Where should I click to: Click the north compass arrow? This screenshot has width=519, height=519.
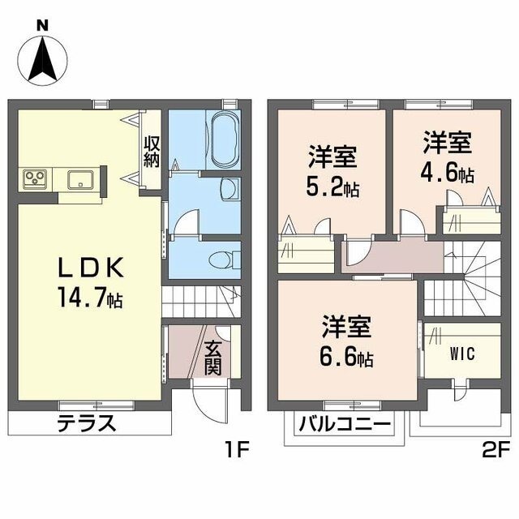point(43,60)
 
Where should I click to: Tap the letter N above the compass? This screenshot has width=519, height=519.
point(42,25)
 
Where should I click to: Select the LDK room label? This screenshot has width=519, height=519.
point(91,268)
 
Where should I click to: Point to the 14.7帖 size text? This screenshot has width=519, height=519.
point(90,298)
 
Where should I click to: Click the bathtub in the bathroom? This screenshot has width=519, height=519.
point(225,139)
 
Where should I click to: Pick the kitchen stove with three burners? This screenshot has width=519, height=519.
point(35,179)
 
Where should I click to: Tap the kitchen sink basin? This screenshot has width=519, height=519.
point(81,179)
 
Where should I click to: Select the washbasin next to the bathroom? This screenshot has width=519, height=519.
point(229,189)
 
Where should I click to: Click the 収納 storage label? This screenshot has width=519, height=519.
point(152,152)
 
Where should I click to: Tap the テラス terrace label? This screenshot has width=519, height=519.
point(87,423)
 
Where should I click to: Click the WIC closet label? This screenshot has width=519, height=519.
point(462,354)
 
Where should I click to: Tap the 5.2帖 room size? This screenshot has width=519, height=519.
point(332,188)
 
